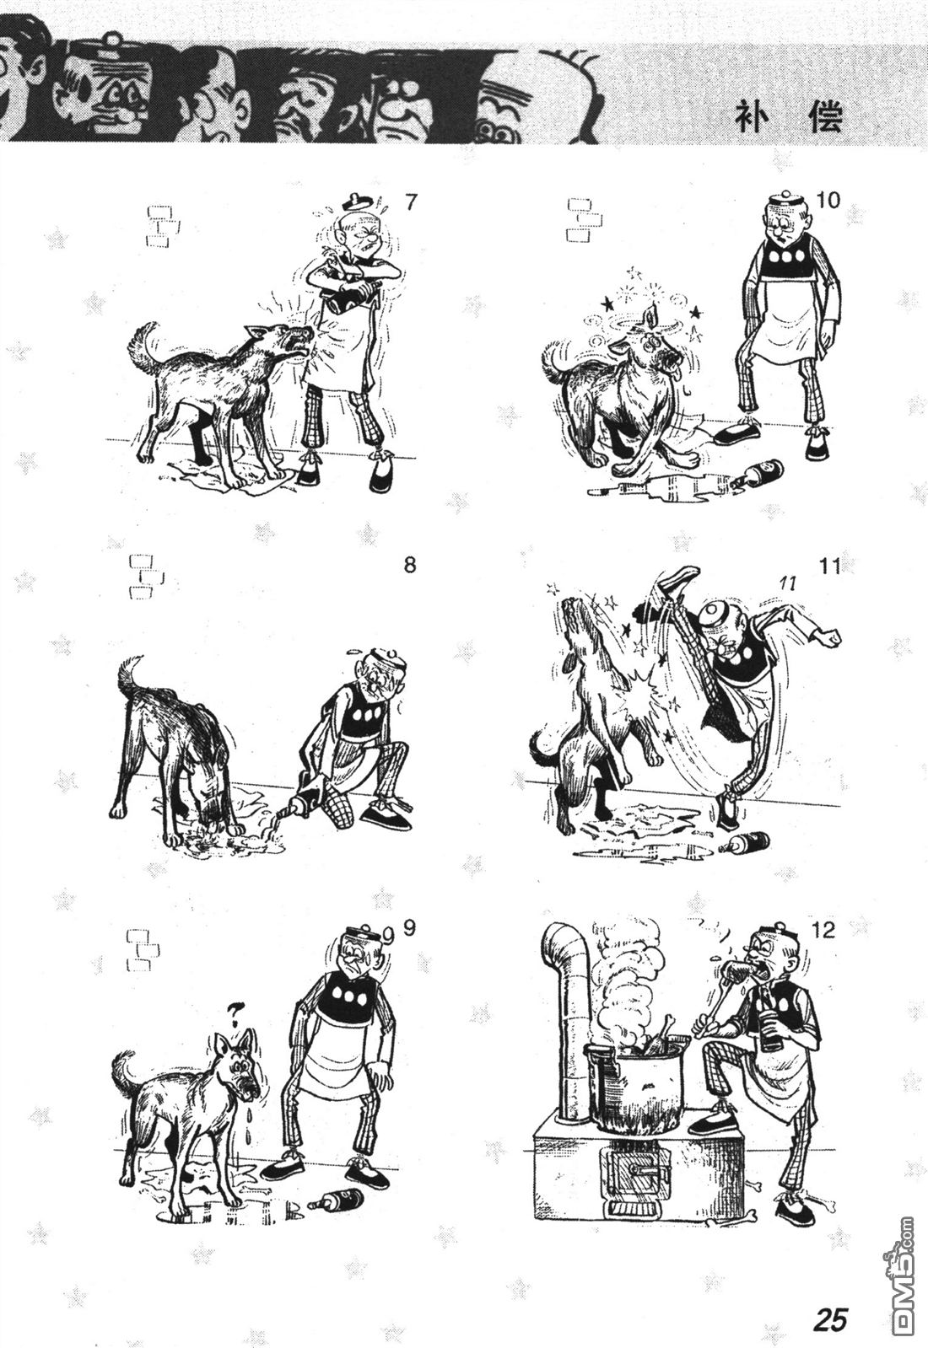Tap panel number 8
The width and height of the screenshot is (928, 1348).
pyautogui.click(x=409, y=566)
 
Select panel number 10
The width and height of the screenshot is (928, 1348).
pyautogui.click(x=828, y=201)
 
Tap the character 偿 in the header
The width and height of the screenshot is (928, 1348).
pyautogui.click(x=826, y=117)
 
